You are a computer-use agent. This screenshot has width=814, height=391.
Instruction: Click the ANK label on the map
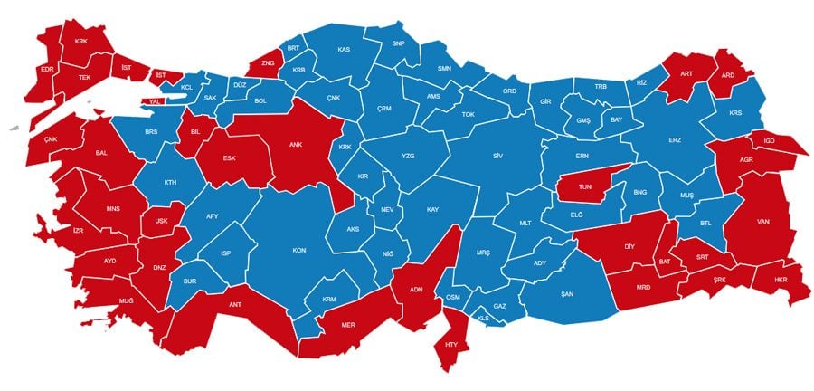point(295,144)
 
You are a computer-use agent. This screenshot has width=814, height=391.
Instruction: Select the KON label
point(298,250)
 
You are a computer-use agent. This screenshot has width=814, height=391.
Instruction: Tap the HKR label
point(781,281)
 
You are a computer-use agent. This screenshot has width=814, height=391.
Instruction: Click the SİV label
point(497,156)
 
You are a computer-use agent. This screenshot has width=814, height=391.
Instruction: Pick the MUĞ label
point(125,298)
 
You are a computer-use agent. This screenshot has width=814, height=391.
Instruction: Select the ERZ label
point(673,139)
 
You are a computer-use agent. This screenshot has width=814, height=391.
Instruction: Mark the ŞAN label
point(567,294)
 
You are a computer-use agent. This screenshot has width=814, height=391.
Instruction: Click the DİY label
point(629,246)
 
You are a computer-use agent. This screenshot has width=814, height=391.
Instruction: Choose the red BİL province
point(194,130)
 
